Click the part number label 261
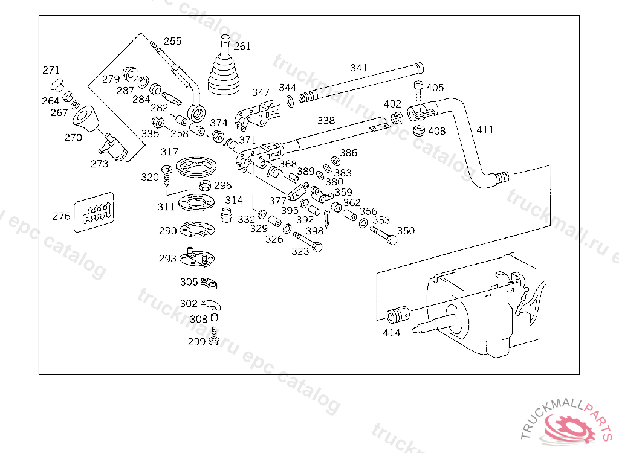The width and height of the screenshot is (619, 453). point(242,46)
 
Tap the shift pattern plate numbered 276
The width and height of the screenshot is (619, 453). point(94,213)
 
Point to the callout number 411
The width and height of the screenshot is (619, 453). point(485,130)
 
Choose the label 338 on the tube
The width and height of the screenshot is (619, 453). point(326,121)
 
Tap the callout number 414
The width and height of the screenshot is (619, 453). point(392,332)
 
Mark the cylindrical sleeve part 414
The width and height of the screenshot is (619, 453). point(397,315)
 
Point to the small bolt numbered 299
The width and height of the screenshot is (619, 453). point(214,338)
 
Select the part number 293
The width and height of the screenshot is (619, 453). point(167,259)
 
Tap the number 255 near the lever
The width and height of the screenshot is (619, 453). point(172,42)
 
